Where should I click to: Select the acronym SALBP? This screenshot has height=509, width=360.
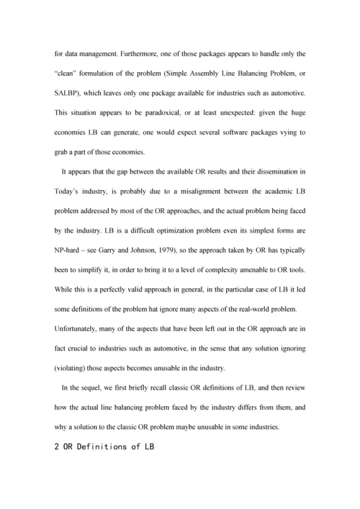(68, 94)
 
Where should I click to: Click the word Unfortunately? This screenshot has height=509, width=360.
(80, 328)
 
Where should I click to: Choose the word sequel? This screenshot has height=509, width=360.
(97, 388)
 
